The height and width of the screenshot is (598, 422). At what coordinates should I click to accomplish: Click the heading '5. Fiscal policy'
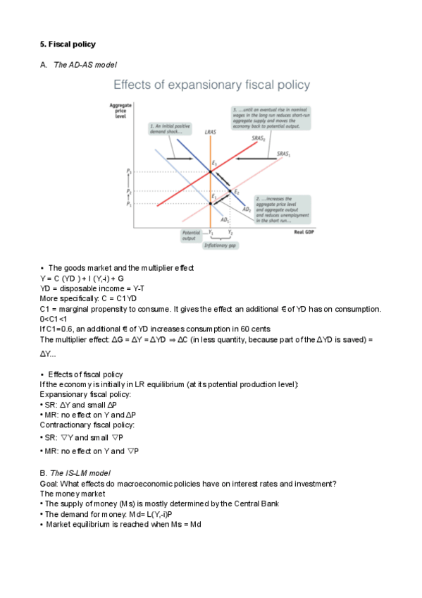pyautogui.click(x=68, y=44)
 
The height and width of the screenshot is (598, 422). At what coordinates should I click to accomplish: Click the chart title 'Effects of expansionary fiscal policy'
pyautogui.click(x=211, y=85)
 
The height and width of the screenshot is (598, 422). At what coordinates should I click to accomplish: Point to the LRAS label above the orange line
pyautogui.click(x=210, y=132)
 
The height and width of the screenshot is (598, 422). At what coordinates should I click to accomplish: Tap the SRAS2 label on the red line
pyautogui.click(x=259, y=139)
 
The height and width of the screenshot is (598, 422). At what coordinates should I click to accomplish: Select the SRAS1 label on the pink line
pyautogui.click(x=284, y=153)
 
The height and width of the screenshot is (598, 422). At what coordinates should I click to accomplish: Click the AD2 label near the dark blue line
pyautogui.click(x=247, y=210)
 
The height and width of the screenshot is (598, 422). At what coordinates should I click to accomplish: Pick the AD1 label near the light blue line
pyautogui.click(x=225, y=219)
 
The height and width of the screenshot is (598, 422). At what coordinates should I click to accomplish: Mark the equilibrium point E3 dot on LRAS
pyautogui.click(x=210, y=171)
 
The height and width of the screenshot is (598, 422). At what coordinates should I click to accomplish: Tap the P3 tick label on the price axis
pyautogui.click(x=129, y=171)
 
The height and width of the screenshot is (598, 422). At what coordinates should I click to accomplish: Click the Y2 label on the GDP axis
pyautogui.click(x=231, y=232)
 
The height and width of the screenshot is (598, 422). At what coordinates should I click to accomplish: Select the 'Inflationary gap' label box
pyautogui.click(x=218, y=245)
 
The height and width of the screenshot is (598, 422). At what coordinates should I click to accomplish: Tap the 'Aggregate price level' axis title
pyautogui.click(x=120, y=111)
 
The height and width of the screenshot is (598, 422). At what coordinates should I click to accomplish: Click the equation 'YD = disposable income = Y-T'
pyautogui.click(x=92, y=288)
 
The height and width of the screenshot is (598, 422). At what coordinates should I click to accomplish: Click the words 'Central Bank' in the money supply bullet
pyautogui.click(x=257, y=504)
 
